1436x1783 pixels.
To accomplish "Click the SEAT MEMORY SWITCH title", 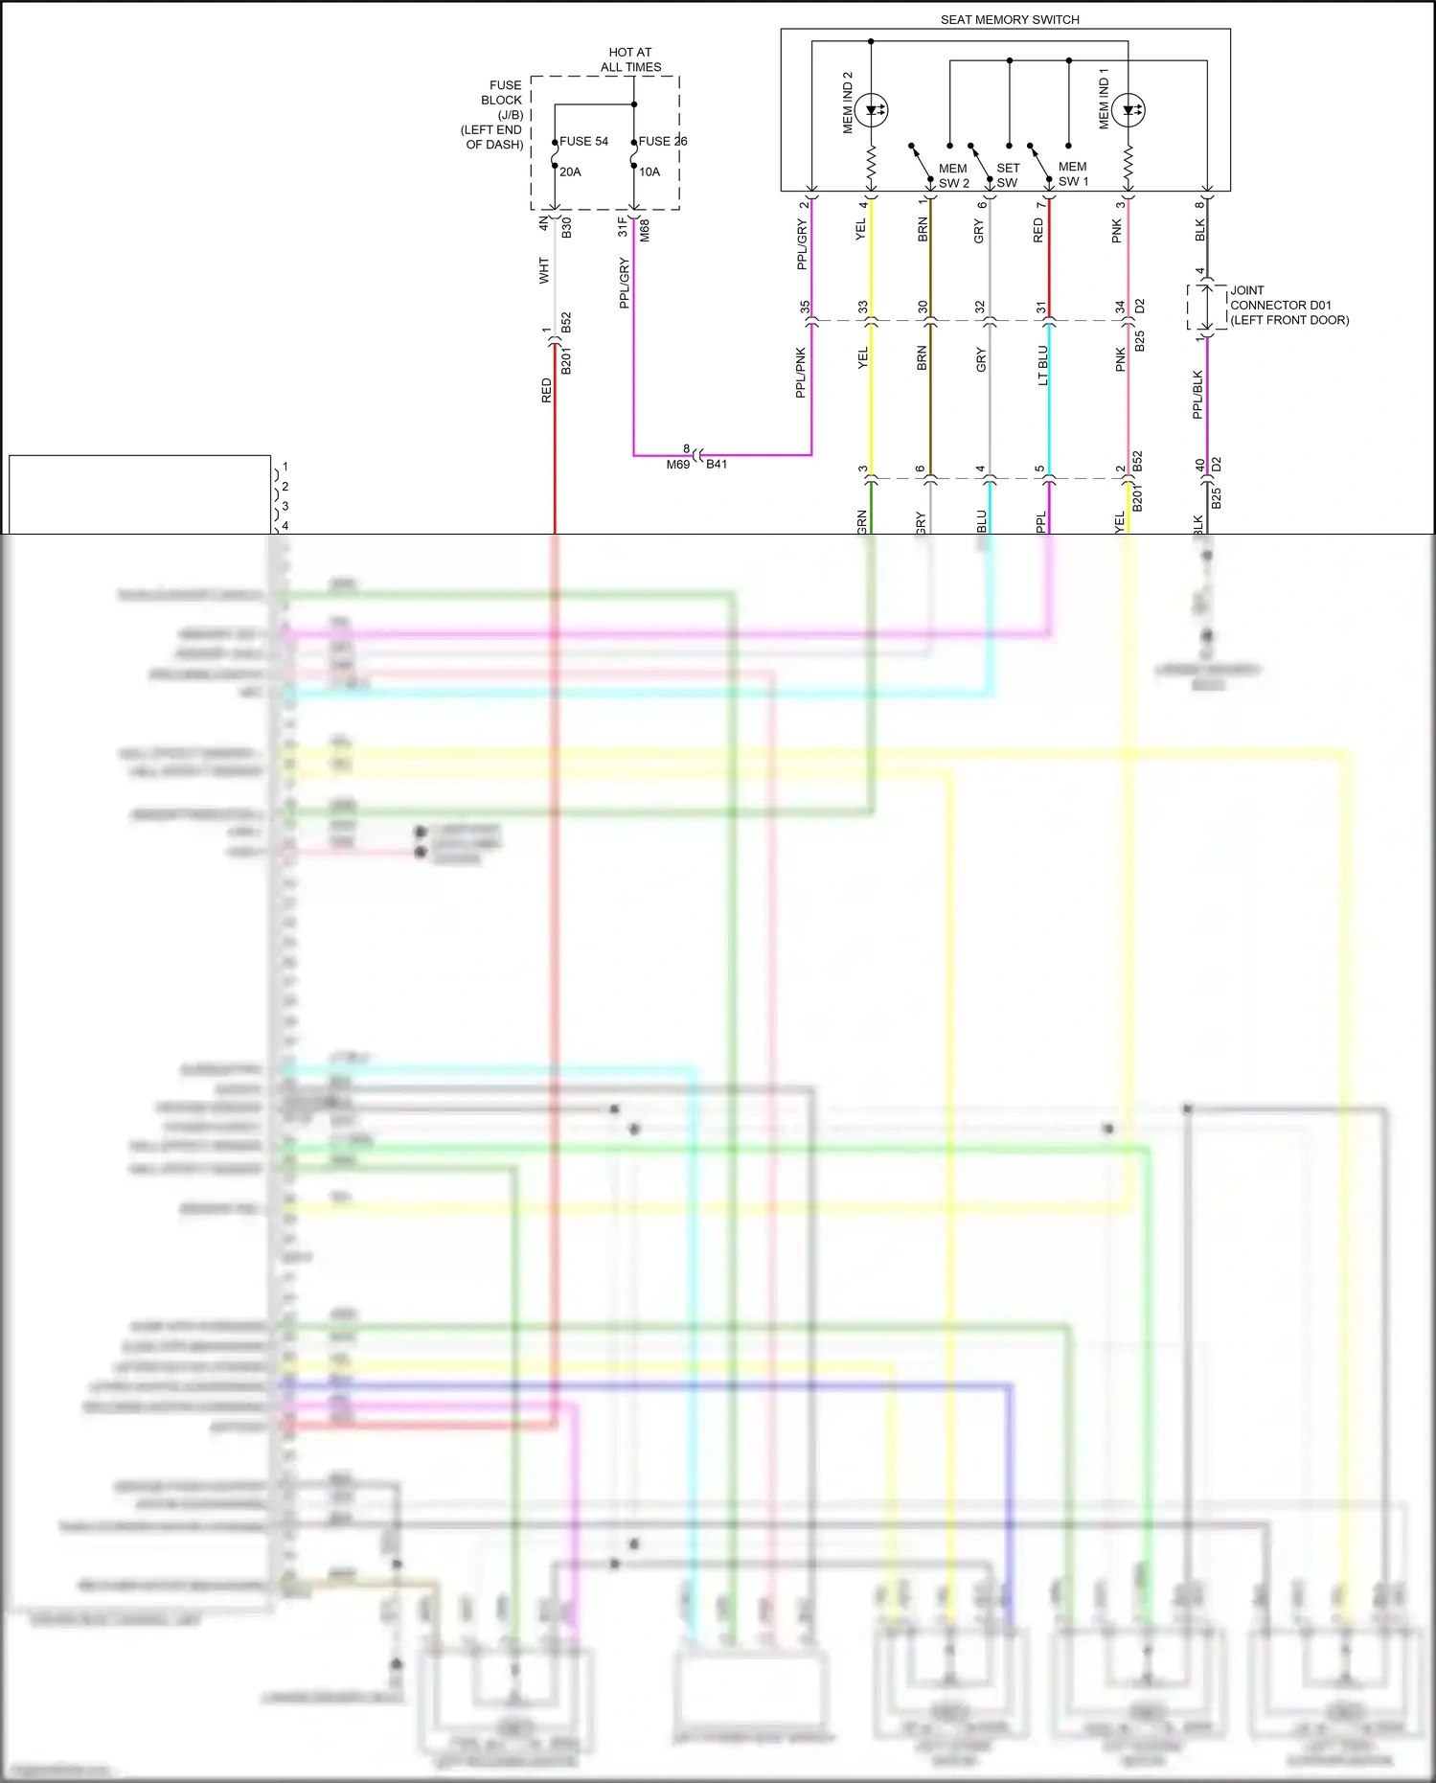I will click(x=1010, y=19).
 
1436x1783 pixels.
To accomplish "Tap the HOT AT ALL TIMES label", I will click(x=630, y=59).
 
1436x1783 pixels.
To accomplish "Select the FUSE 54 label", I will click(x=583, y=141).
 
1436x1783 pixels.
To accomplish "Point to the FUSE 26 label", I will click(x=663, y=141).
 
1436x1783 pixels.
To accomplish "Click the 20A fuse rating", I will click(x=570, y=171).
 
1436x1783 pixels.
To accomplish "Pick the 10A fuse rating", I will click(x=650, y=171).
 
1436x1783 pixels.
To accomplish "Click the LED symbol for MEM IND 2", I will click(x=871, y=109).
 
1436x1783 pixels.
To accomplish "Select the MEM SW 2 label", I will click(x=953, y=175).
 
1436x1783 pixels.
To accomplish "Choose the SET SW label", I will click(x=1008, y=175).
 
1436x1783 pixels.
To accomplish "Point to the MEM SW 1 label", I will click(x=1073, y=173).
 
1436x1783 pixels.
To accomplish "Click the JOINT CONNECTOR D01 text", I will click(x=1281, y=305).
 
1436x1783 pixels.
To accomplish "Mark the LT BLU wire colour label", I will click(x=1042, y=365).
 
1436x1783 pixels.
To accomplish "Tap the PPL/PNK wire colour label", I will click(x=801, y=373).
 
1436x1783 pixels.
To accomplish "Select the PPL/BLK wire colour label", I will click(x=1197, y=394).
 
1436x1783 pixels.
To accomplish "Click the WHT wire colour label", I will click(x=544, y=270).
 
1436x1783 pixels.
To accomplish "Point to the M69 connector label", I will click(x=678, y=464).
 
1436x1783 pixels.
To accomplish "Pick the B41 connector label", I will click(x=717, y=464).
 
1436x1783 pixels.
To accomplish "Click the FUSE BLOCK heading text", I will click(x=502, y=92).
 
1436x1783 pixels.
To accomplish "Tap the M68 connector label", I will click(x=645, y=230).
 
